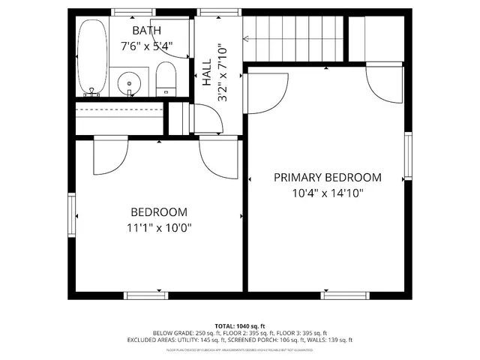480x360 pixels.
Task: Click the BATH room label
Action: [x=147, y=31]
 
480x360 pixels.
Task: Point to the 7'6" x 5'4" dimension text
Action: [x=147, y=46]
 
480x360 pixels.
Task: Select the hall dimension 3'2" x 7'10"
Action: [x=222, y=73]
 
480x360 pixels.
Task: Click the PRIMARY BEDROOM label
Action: [x=327, y=178]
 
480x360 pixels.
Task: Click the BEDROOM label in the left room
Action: [x=159, y=212]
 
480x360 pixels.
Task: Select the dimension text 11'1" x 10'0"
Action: [x=159, y=229]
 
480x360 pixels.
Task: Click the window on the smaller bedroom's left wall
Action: [x=73, y=216]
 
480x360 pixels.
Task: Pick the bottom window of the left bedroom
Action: [x=147, y=295]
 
